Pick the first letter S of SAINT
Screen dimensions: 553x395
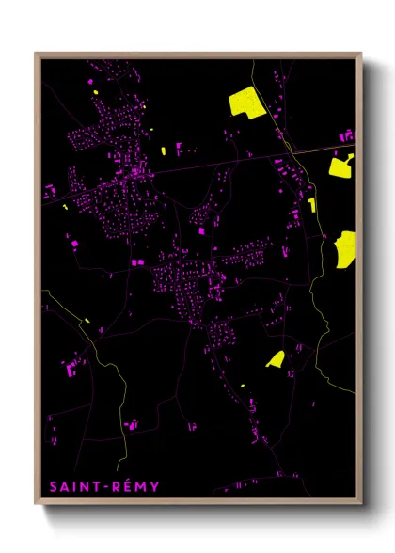53,487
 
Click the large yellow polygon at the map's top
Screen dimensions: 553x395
246,101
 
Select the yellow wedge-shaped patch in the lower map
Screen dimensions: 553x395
276,358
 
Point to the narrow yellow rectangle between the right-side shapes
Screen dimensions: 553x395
311,204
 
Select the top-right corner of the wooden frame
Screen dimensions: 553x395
361,54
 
